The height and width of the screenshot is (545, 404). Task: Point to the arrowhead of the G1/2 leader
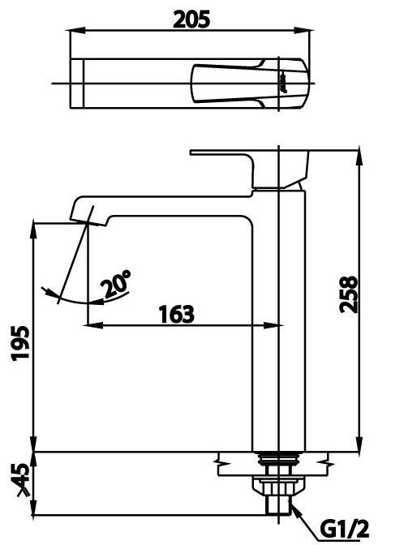tap(290, 508)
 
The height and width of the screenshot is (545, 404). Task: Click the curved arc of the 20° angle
tap(73, 299)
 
